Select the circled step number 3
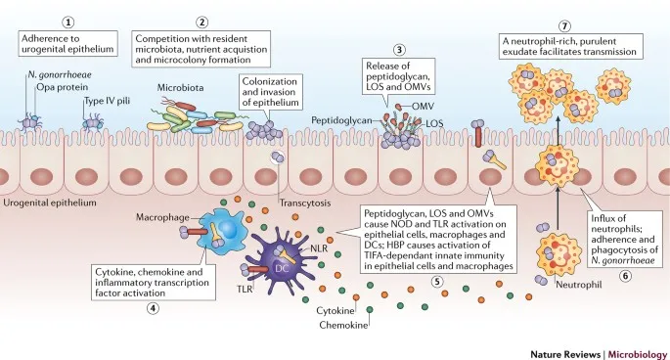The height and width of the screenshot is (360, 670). tap(399, 51)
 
